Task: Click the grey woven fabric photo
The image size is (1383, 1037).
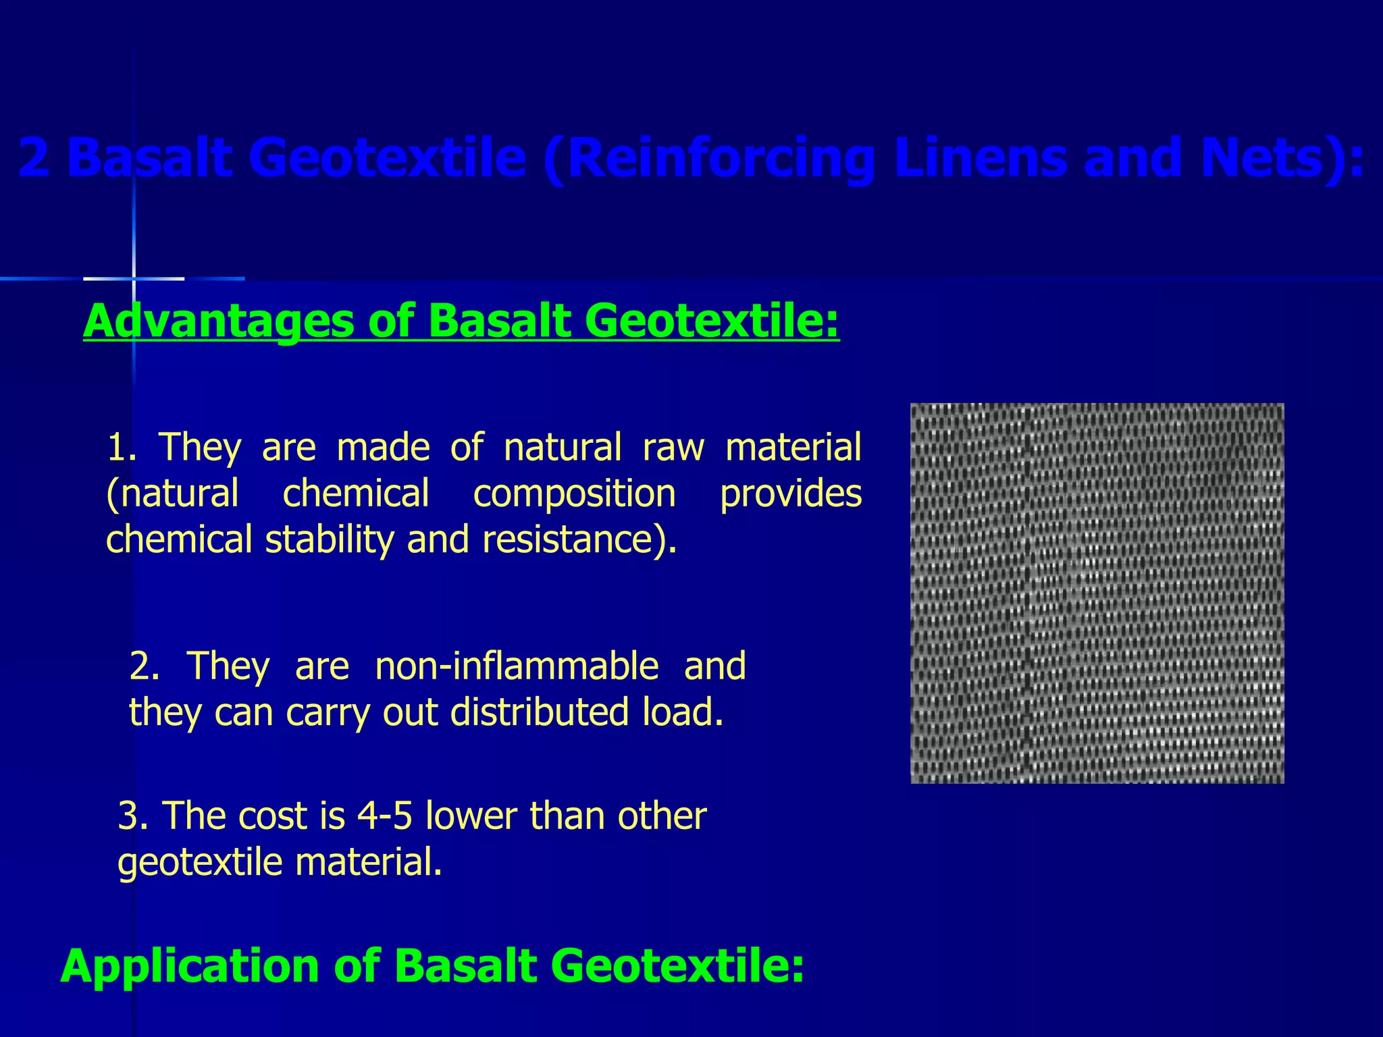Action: (1097, 593)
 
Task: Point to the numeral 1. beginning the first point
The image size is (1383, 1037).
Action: (122, 447)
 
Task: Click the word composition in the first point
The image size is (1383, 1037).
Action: (574, 494)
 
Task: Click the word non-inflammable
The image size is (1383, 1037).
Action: (517, 666)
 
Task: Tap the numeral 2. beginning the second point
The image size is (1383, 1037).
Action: (145, 666)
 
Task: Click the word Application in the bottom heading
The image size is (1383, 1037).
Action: (189, 965)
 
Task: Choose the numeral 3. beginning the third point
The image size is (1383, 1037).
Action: (132, 816)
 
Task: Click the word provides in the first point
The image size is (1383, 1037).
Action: (791, 494)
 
